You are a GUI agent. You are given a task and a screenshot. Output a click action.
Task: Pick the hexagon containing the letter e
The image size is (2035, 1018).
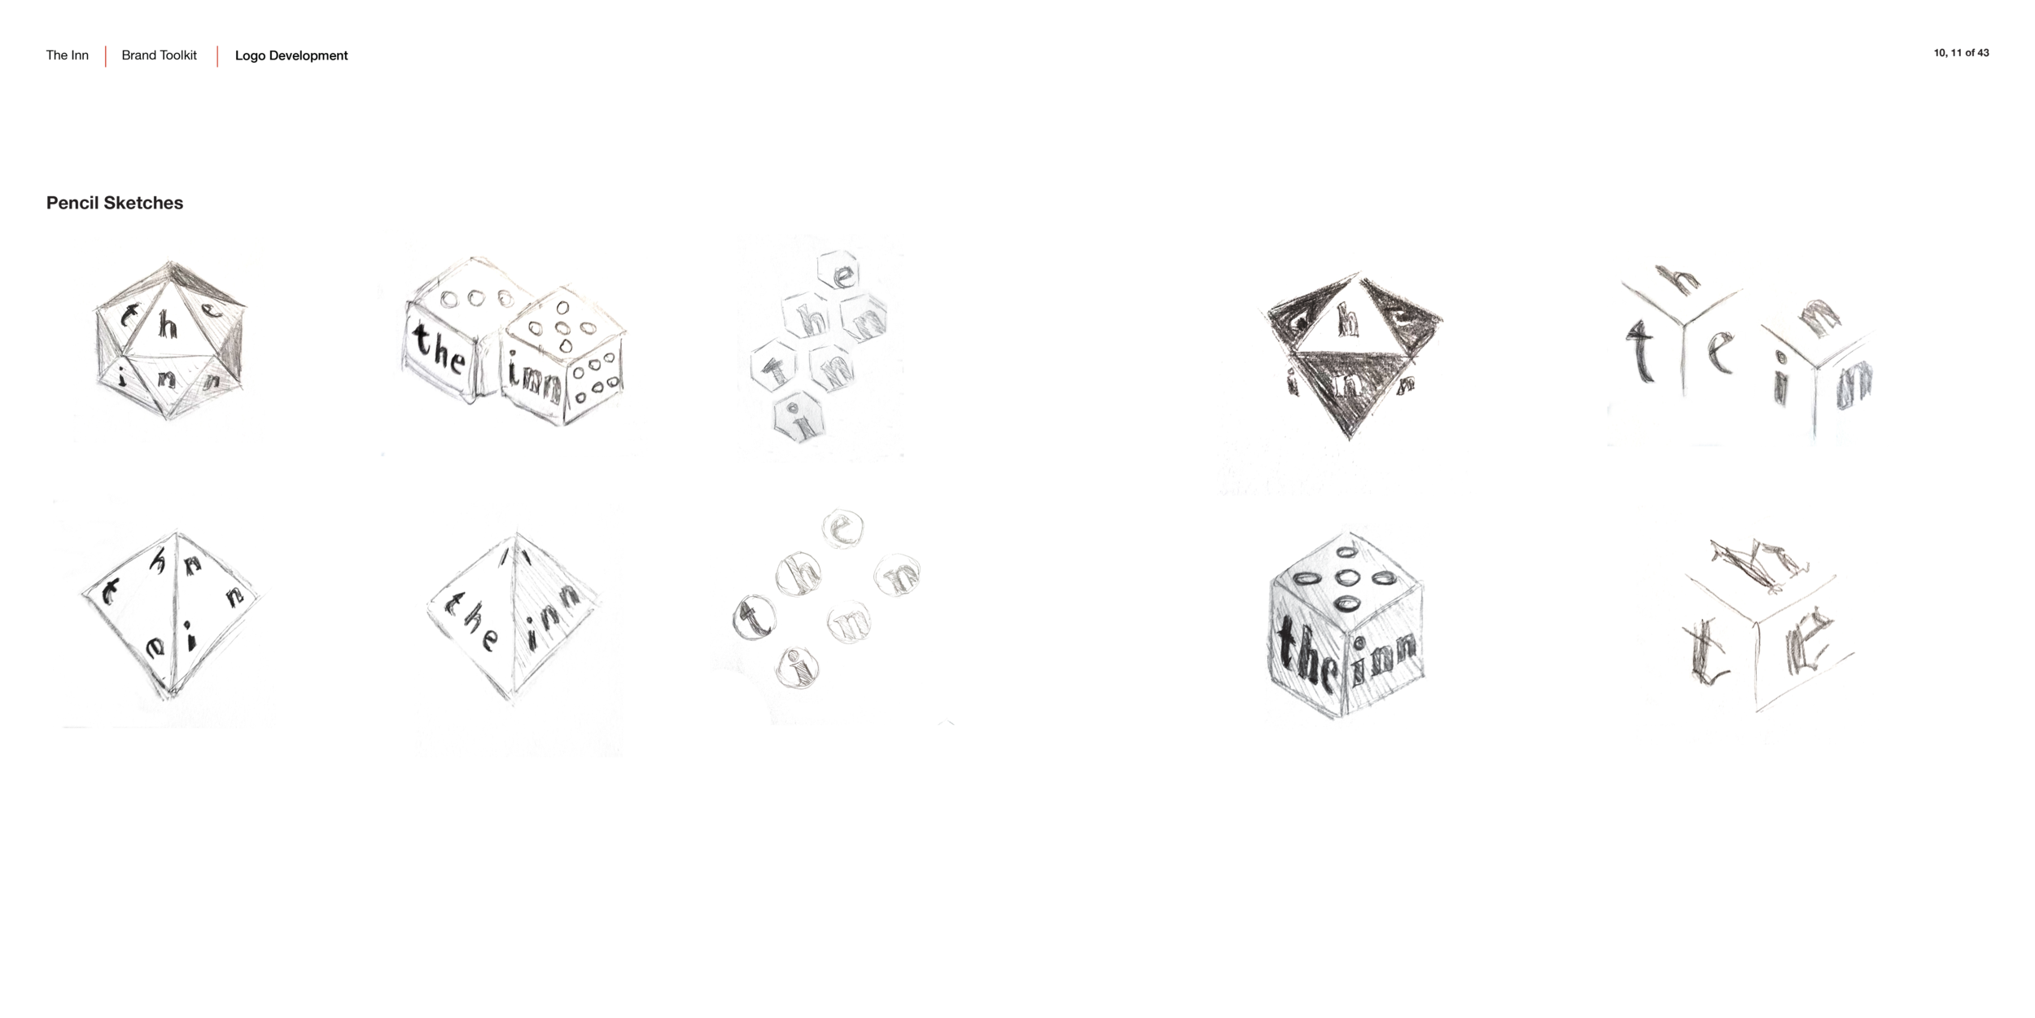(842, 278)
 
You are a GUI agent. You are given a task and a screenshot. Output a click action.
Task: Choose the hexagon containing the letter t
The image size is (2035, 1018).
(777, 371)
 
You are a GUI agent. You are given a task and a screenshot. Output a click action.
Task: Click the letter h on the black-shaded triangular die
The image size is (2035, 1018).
(1349, 323)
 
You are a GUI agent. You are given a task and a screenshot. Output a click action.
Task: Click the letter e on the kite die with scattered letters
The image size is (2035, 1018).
(156, 647)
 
